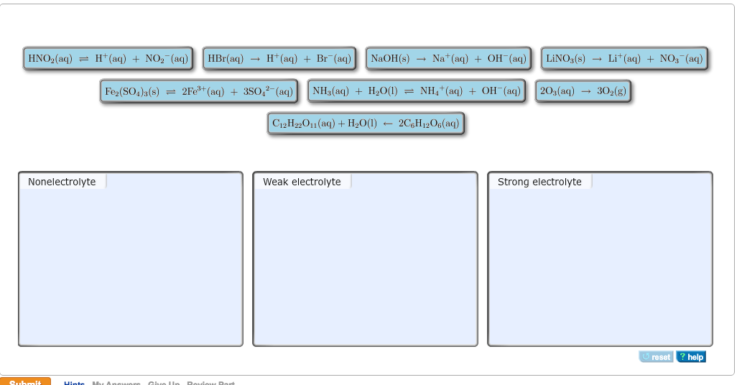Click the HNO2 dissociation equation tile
pyautogui.click(x=108, y=58)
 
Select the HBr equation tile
pyautogui.click(x=279, y=58)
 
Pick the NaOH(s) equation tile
pyautogui.click(x=448, y=58)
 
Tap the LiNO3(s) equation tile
pyautogui.click(x=624, y=58)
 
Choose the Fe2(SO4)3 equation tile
pyautogui.click(x=198, y=91)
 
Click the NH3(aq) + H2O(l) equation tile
pyautogui.click(x=417, y=91)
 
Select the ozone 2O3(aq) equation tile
pyautogui.click(x=583, y=91)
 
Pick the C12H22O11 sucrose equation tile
pyautogui.click(x=366, y=124)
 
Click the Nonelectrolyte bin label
pyautogui.click(x=62, y=182)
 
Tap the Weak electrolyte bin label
pyautogui.click(x=302, y=182)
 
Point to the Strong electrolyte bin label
pyautogui.click(x=539, y=182)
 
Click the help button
pyautogui.click(x=691, y=357)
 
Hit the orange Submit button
pyautogui.click(x=26, y=381)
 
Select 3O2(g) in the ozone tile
pyautogui.click(x=608, y=91)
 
